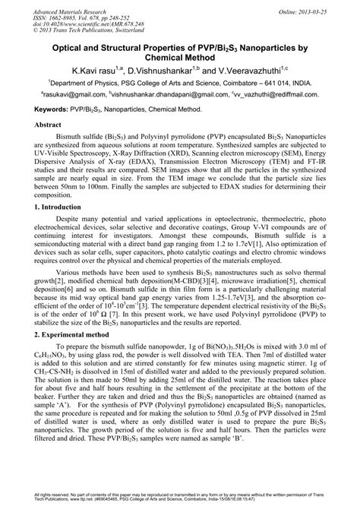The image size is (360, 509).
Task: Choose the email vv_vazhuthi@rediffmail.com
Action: click(274, 97)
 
